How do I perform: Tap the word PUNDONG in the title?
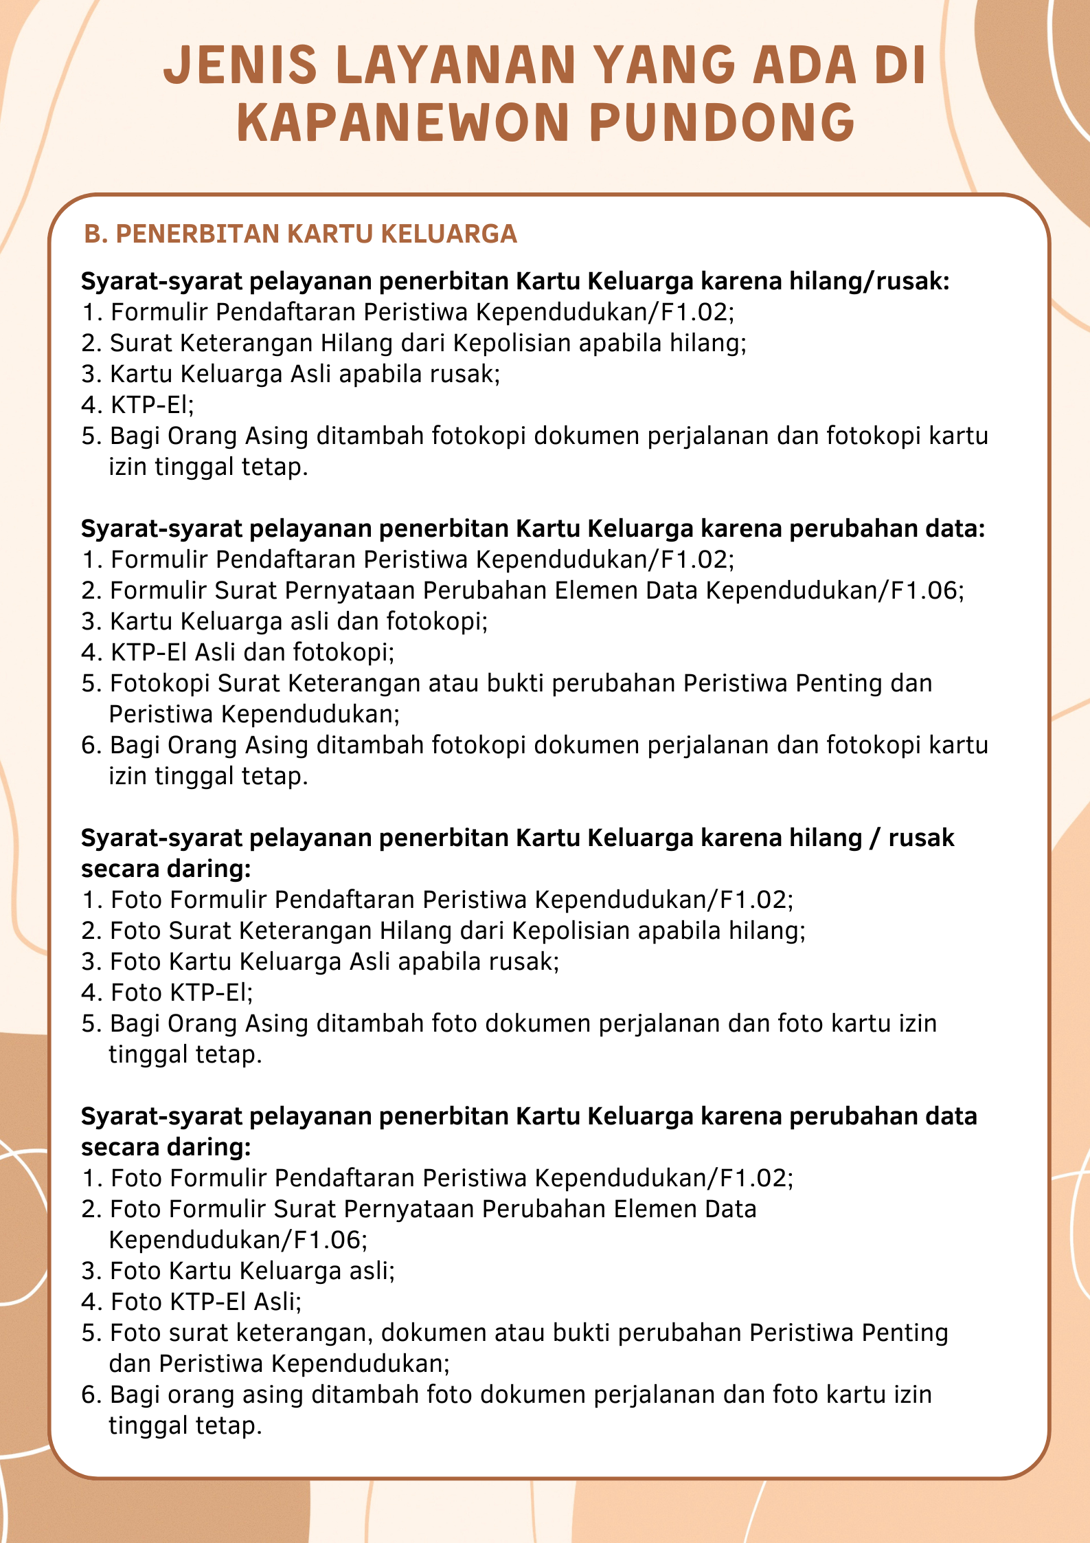(722, 123)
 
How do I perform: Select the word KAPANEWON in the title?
(403, 123)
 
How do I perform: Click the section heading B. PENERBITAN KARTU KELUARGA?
(300, 234)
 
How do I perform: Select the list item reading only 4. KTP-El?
(138, 405)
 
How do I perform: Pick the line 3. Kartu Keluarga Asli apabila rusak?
(291, 374)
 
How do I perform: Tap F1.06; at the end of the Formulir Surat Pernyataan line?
(927, 590)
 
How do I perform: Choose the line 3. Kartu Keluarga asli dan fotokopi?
(284, 621)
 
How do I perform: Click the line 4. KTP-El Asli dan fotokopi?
(238, 652)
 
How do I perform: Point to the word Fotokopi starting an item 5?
(160, 683)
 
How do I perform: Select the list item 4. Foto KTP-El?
(168, 992)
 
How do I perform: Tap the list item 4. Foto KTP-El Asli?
(192, 1302)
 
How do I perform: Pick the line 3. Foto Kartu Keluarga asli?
(238, 1271)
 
